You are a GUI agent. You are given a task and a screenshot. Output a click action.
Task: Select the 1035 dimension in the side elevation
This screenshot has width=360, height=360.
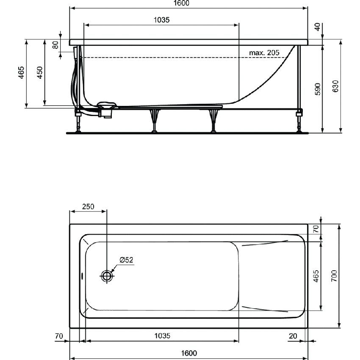coord(162,20)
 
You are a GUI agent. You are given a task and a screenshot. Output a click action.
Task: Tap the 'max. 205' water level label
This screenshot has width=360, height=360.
coord(264,53)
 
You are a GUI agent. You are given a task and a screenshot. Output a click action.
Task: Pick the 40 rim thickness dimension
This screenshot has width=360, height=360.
coord(318,26)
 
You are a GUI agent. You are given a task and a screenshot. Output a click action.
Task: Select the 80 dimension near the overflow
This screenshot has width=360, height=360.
coord(55,44)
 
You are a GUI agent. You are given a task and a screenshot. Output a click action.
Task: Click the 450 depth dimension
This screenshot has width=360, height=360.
coord(39,73)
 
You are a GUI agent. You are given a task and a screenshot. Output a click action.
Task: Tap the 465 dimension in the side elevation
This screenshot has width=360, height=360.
coord(21,73)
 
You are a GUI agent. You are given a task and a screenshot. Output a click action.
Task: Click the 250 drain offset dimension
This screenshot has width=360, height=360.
coord(88,207)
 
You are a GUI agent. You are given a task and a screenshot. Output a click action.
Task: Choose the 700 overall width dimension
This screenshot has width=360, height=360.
coord(334,276)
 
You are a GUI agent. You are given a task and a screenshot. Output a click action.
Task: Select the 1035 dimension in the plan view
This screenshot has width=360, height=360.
coord(162,336)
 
